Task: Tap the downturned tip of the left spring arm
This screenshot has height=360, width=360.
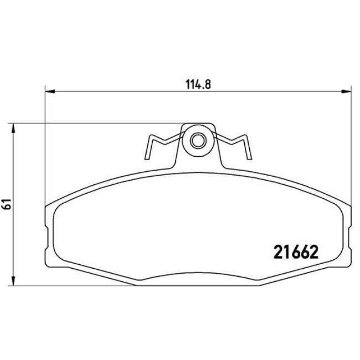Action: coord(147,156)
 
